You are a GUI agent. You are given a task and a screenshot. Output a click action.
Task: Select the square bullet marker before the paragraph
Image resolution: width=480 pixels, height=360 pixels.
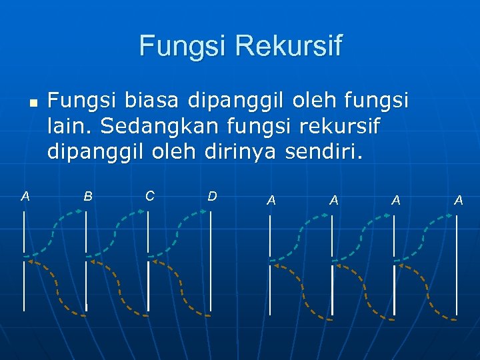(32, 105)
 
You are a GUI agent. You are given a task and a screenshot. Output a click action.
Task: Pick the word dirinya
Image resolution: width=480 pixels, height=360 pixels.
(240, 153)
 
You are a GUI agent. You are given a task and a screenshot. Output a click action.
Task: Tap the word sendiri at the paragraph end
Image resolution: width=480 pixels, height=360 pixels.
(324, 153)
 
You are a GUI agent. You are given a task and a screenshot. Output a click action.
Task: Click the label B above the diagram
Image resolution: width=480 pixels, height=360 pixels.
(87, 196)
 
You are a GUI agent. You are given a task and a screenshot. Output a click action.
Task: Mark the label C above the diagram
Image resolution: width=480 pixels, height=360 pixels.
(149, 196)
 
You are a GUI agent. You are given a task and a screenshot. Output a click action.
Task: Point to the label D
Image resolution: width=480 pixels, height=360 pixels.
(212, 196)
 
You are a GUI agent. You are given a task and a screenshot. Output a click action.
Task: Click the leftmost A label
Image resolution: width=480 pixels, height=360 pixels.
(25, 196)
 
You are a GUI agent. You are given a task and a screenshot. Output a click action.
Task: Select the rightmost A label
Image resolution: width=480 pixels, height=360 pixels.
(458, 199)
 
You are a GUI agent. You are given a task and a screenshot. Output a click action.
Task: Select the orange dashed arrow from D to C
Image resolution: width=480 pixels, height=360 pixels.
(179, 287)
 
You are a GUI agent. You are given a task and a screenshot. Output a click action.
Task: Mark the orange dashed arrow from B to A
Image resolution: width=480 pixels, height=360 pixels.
(55, 287)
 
